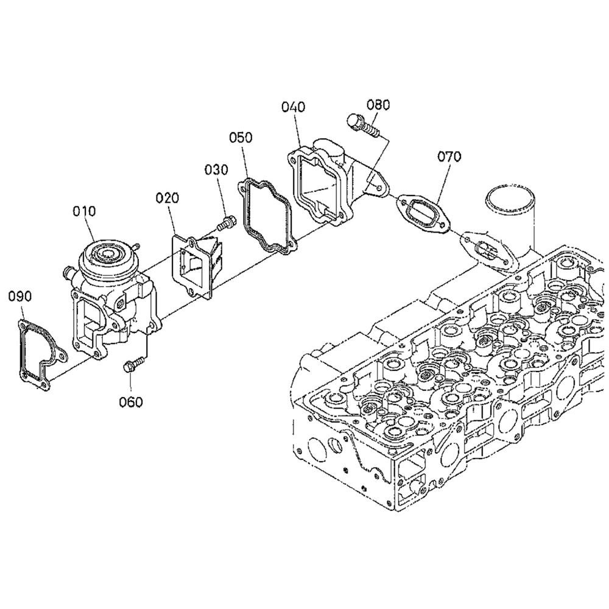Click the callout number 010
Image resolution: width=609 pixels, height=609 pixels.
click(84, 212)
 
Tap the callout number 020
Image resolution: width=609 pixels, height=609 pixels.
click(167, 198)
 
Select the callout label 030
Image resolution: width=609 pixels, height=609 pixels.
click(217, 170)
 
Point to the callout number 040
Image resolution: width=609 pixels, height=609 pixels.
click(294, 107)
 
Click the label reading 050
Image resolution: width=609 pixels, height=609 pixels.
click(241, 138)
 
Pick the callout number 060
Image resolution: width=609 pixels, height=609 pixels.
click(131, 402)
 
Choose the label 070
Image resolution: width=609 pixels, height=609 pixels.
click(449, 157)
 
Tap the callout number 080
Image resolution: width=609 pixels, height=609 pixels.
click(378, 105)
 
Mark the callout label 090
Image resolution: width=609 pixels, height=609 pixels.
click(20, 297)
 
